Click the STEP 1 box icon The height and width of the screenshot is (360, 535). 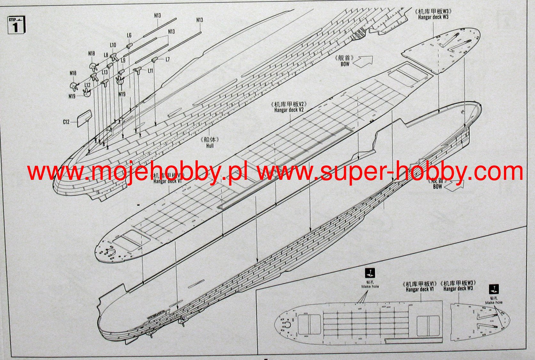tap(16, 25)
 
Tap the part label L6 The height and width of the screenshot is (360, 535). tap(129, 36)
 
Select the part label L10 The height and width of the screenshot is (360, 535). tap(113, 45)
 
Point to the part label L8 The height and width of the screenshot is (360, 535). tap(106, 55)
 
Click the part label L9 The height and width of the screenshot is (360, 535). tap(123, 60)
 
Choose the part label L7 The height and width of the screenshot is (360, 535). tap(168, 59)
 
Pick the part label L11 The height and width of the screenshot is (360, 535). tap(150, 70)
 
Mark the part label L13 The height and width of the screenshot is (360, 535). tap(105, 72)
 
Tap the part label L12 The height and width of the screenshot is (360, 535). tap(87, 85)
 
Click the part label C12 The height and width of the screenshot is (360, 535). tap(66, 122)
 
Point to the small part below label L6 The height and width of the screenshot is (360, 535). tap(129, 46)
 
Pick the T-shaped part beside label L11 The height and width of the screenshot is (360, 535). tap(138, 70)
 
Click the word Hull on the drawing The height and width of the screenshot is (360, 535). tap(210, 146)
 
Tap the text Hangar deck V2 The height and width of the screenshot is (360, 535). tap(289, 110)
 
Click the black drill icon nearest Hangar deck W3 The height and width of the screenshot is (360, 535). tap(494, 289)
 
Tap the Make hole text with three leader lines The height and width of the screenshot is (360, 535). tap(370, 286)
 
